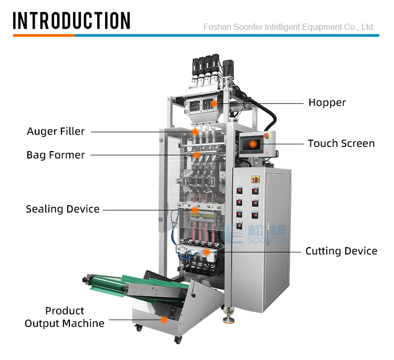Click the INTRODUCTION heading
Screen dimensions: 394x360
coord(71,20)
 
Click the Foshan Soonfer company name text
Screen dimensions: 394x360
coord(289,27)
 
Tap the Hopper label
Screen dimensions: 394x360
coord(327,102)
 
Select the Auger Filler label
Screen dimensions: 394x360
coord(56,131)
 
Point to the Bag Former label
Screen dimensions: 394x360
coord(56,155)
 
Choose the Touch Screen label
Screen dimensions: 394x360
coord(341,143)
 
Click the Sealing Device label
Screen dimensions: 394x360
coord(63,209)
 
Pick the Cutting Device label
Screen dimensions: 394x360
coord(341,251)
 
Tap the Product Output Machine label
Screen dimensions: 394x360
coord(64,317)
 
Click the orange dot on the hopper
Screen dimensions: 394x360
coord(214,103)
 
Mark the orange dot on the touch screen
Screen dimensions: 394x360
coord(253,144)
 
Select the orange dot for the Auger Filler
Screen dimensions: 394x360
coord(195,132)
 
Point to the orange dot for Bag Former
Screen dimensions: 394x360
coord(197,155)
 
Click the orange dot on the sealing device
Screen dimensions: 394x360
coord(195,210)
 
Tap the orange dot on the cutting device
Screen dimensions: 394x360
coord(206,252)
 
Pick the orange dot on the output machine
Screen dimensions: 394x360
coord(164,320)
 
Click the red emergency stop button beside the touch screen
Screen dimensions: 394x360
coord(266,136)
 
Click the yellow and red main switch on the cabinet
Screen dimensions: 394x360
coord(255,179)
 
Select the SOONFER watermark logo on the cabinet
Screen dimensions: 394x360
coord(255,234)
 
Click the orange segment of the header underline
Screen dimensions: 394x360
coord(44,35)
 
